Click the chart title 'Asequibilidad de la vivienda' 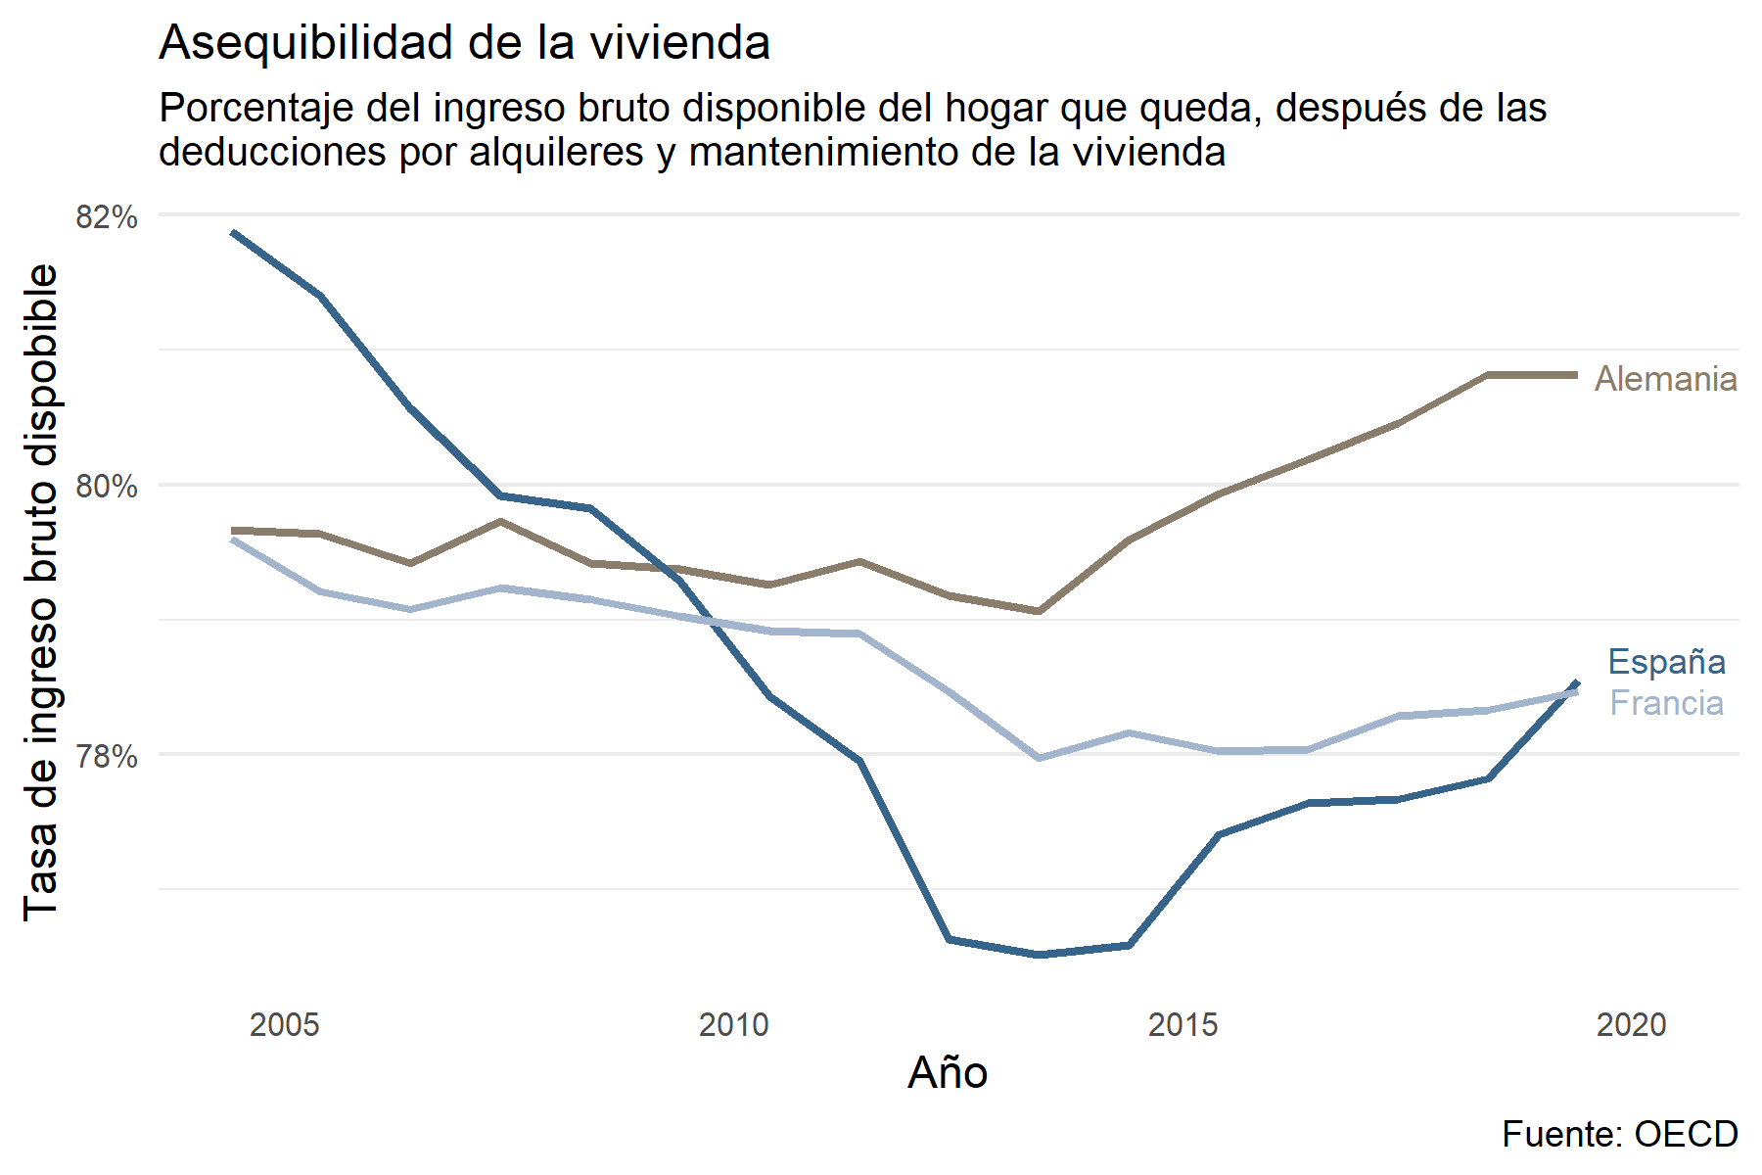coord(464,43)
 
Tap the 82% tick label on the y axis coord(107,216)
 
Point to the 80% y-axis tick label coord(107,487)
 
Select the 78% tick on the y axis coord(107,756)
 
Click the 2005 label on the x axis coord(284,1025)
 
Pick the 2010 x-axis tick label coord(733,1025)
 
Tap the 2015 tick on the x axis coord(1182,1025)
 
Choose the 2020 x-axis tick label coord(1631,1025)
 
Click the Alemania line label coord(1665,379)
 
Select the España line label coord(1666,662)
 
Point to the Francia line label coord(1666,703)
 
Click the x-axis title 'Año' coord(948,1073)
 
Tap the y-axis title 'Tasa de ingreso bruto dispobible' coord(41,592)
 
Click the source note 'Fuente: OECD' coord(1619,1134)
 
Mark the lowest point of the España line coord(1040,955)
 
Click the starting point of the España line coord(233,233)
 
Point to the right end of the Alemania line coord(1576,375)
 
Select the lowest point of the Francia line coord(1040,758)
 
